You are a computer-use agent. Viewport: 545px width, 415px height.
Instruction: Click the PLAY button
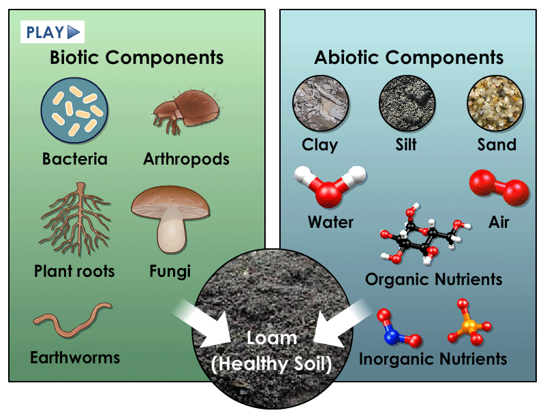coord(54,31)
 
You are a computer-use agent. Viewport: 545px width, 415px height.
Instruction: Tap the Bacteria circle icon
coord(75,109)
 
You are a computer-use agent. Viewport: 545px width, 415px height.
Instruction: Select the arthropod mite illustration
coord(178,111)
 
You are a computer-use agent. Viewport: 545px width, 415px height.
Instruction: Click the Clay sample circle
coord(320,104)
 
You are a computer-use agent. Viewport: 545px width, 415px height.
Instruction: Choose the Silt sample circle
coord(407,104)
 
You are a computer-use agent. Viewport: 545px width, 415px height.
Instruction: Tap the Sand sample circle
coord(495,104)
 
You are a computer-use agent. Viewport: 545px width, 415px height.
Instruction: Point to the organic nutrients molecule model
coord(422,234)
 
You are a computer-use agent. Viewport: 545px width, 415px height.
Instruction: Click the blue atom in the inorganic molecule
coord(390,335)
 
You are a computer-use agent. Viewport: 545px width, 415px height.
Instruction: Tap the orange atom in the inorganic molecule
coord(468,328)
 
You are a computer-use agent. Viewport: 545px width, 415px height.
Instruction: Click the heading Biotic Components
coord(136,57)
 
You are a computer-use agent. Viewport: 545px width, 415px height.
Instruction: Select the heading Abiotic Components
coord(408,57)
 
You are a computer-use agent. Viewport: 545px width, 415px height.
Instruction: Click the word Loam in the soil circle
coord(271,338)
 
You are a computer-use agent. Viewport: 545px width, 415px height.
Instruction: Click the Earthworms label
coord(75,357)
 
